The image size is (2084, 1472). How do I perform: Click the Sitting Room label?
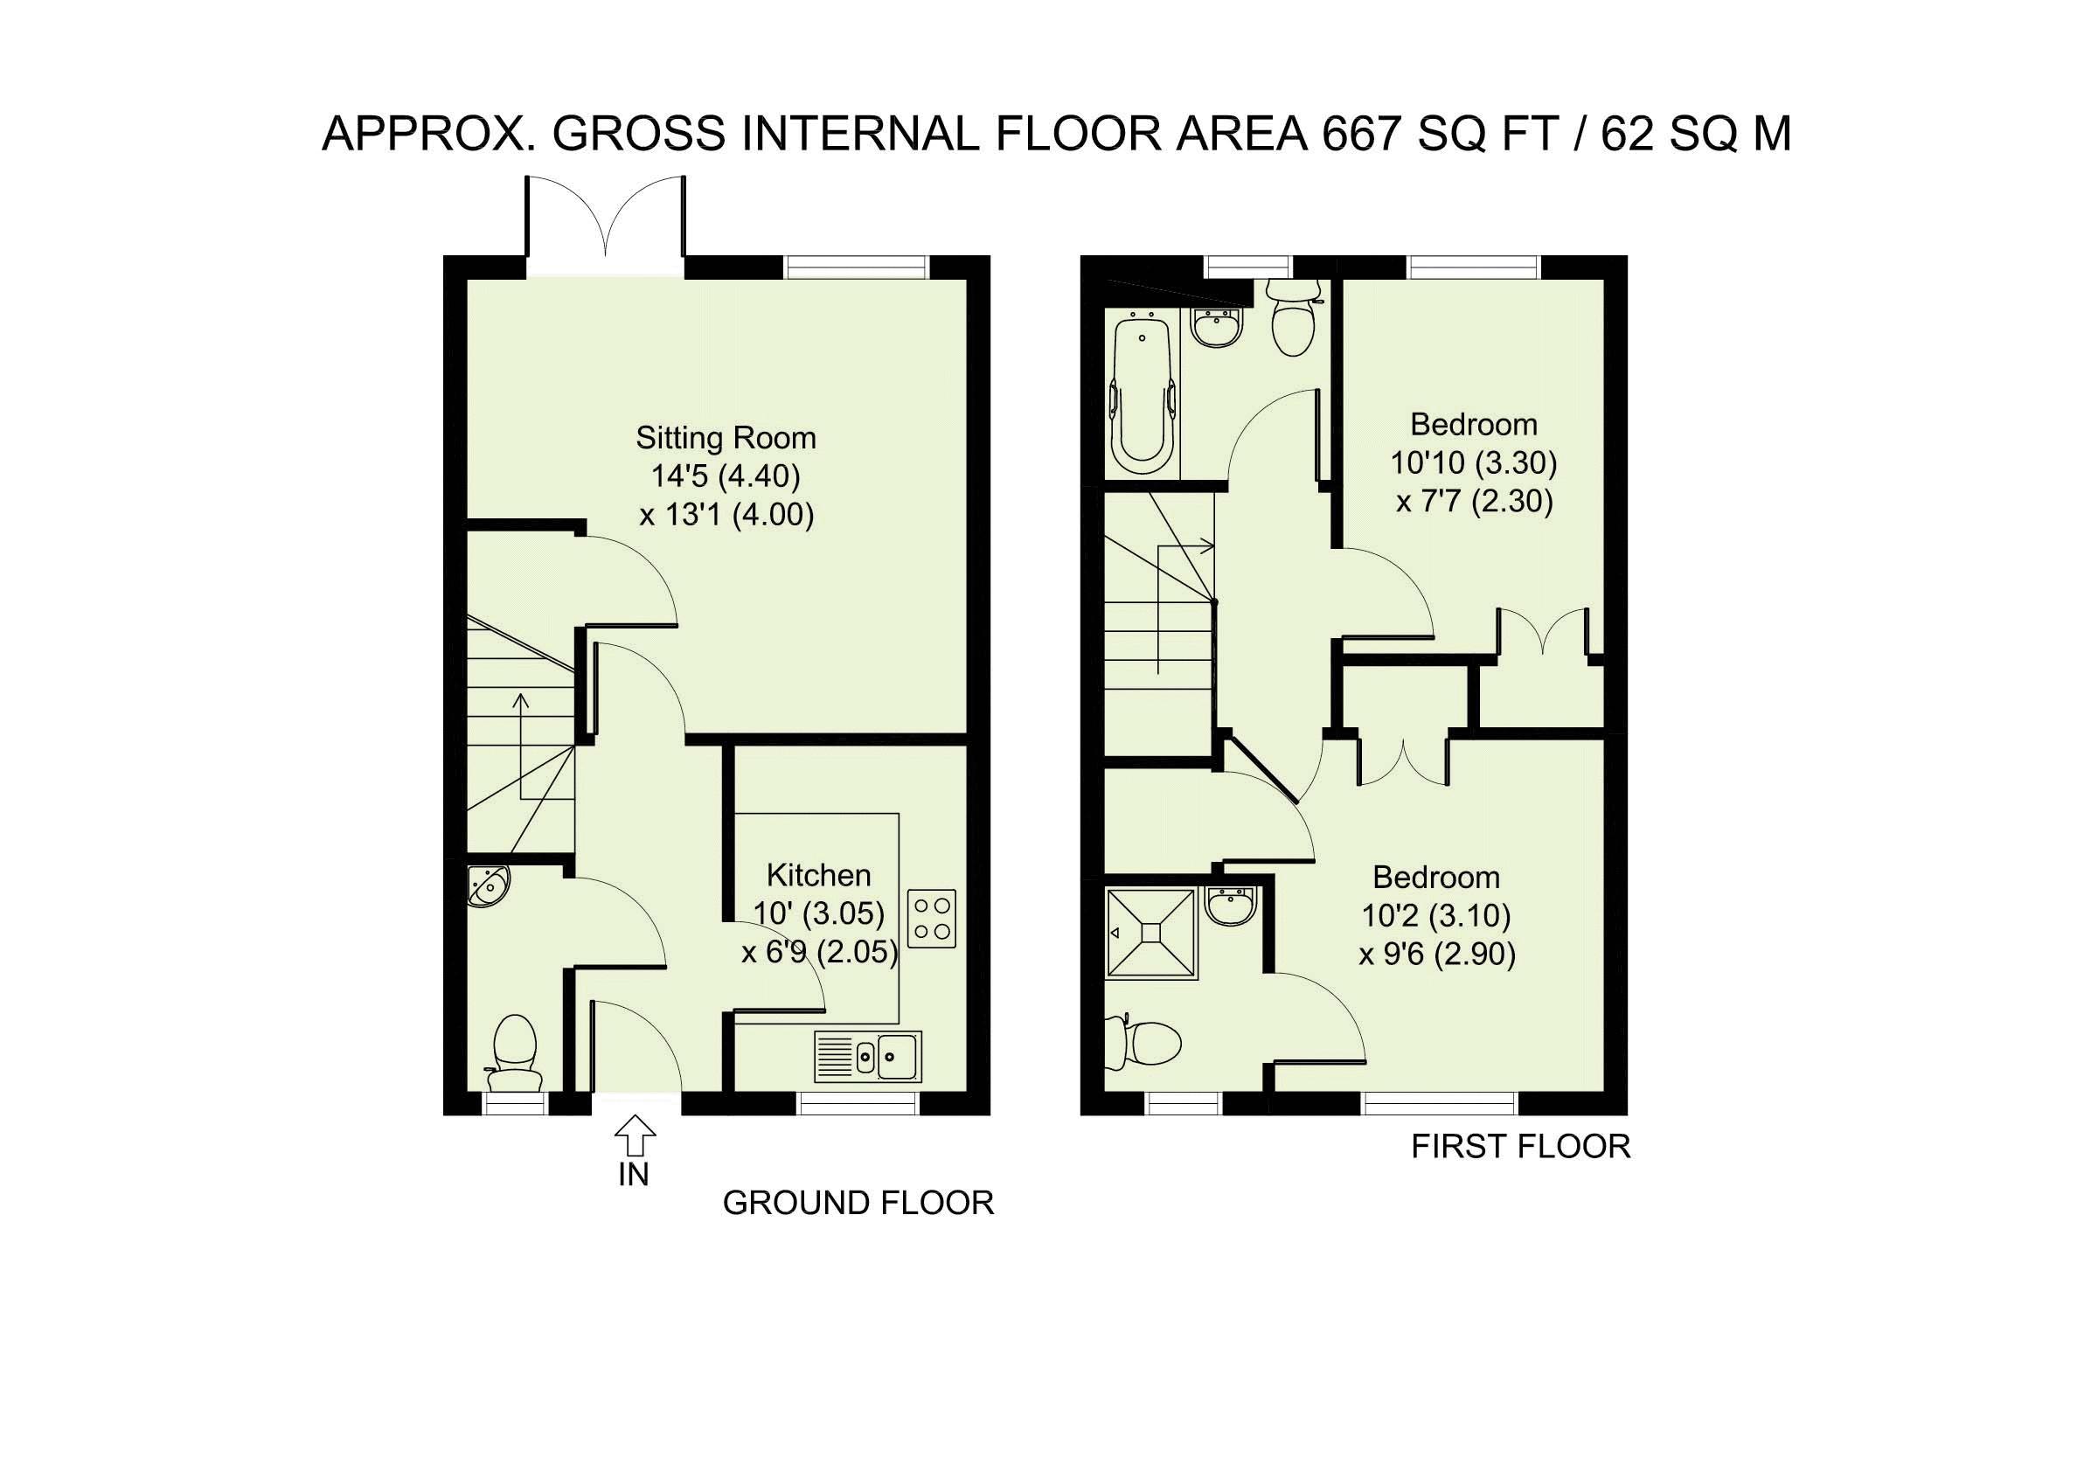point(726,438)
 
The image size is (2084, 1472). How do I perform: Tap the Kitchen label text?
point(819,875)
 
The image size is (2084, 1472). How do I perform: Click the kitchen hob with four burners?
point(931,919)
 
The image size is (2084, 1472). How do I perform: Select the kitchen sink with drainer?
point(868,1056)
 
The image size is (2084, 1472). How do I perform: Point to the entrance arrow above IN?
point(635,1135)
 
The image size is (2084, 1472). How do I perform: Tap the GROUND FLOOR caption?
point(858,1204)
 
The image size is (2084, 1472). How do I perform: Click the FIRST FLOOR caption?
point(1520,1147)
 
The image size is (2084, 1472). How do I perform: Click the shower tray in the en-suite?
point(1151,934)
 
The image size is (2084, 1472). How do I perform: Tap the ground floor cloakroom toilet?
point(514,1052)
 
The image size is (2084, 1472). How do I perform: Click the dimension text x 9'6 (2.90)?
point(1437,955)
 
